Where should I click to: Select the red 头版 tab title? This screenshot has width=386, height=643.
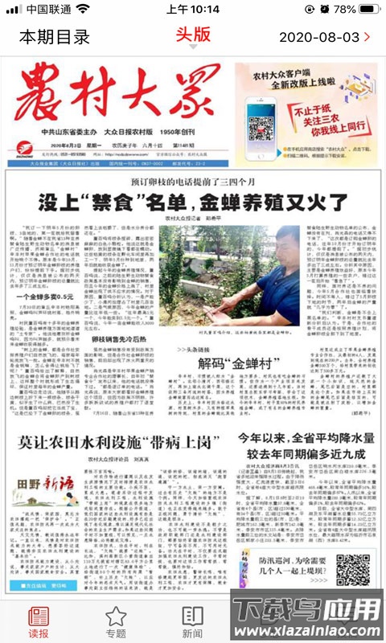(x=193, y=34)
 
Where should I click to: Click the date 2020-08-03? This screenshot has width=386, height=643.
(x=319, y=37)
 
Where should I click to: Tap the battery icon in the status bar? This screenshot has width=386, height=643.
(x=368, y=9)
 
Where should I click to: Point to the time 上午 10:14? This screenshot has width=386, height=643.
(x=192, y=9)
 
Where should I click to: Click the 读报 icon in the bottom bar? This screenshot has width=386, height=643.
(x=39, y=617)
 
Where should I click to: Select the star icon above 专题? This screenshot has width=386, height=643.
(x=116, y=616)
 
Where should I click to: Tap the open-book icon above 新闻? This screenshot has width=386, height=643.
(x=192, y=616)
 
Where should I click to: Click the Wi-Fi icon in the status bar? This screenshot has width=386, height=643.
(x=83, y=9)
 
